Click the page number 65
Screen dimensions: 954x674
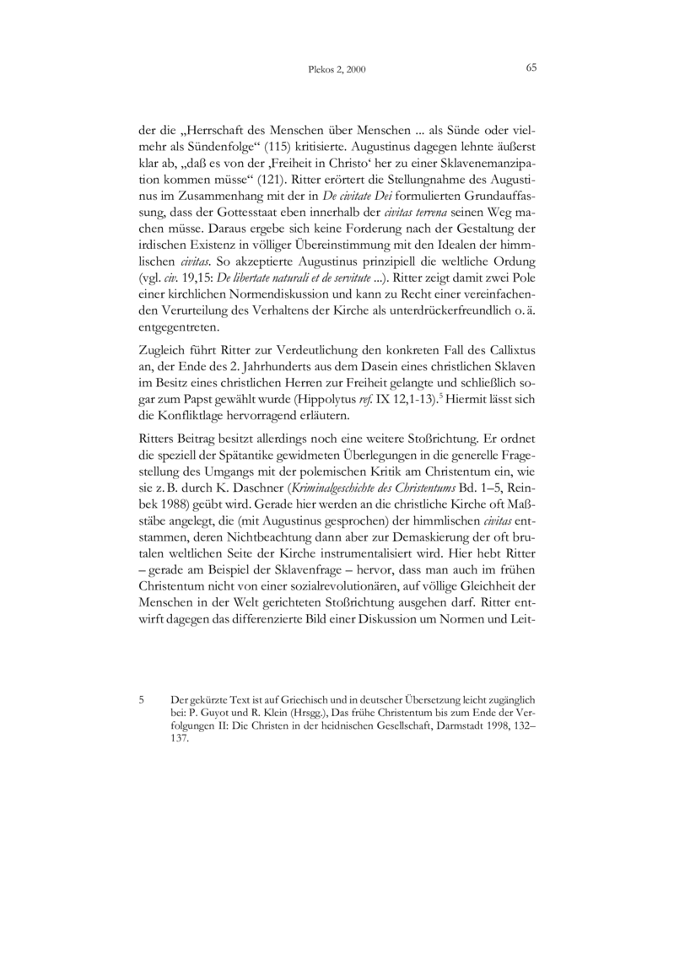tap(531, 68)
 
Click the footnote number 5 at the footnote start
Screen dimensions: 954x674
tap(143, 700)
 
